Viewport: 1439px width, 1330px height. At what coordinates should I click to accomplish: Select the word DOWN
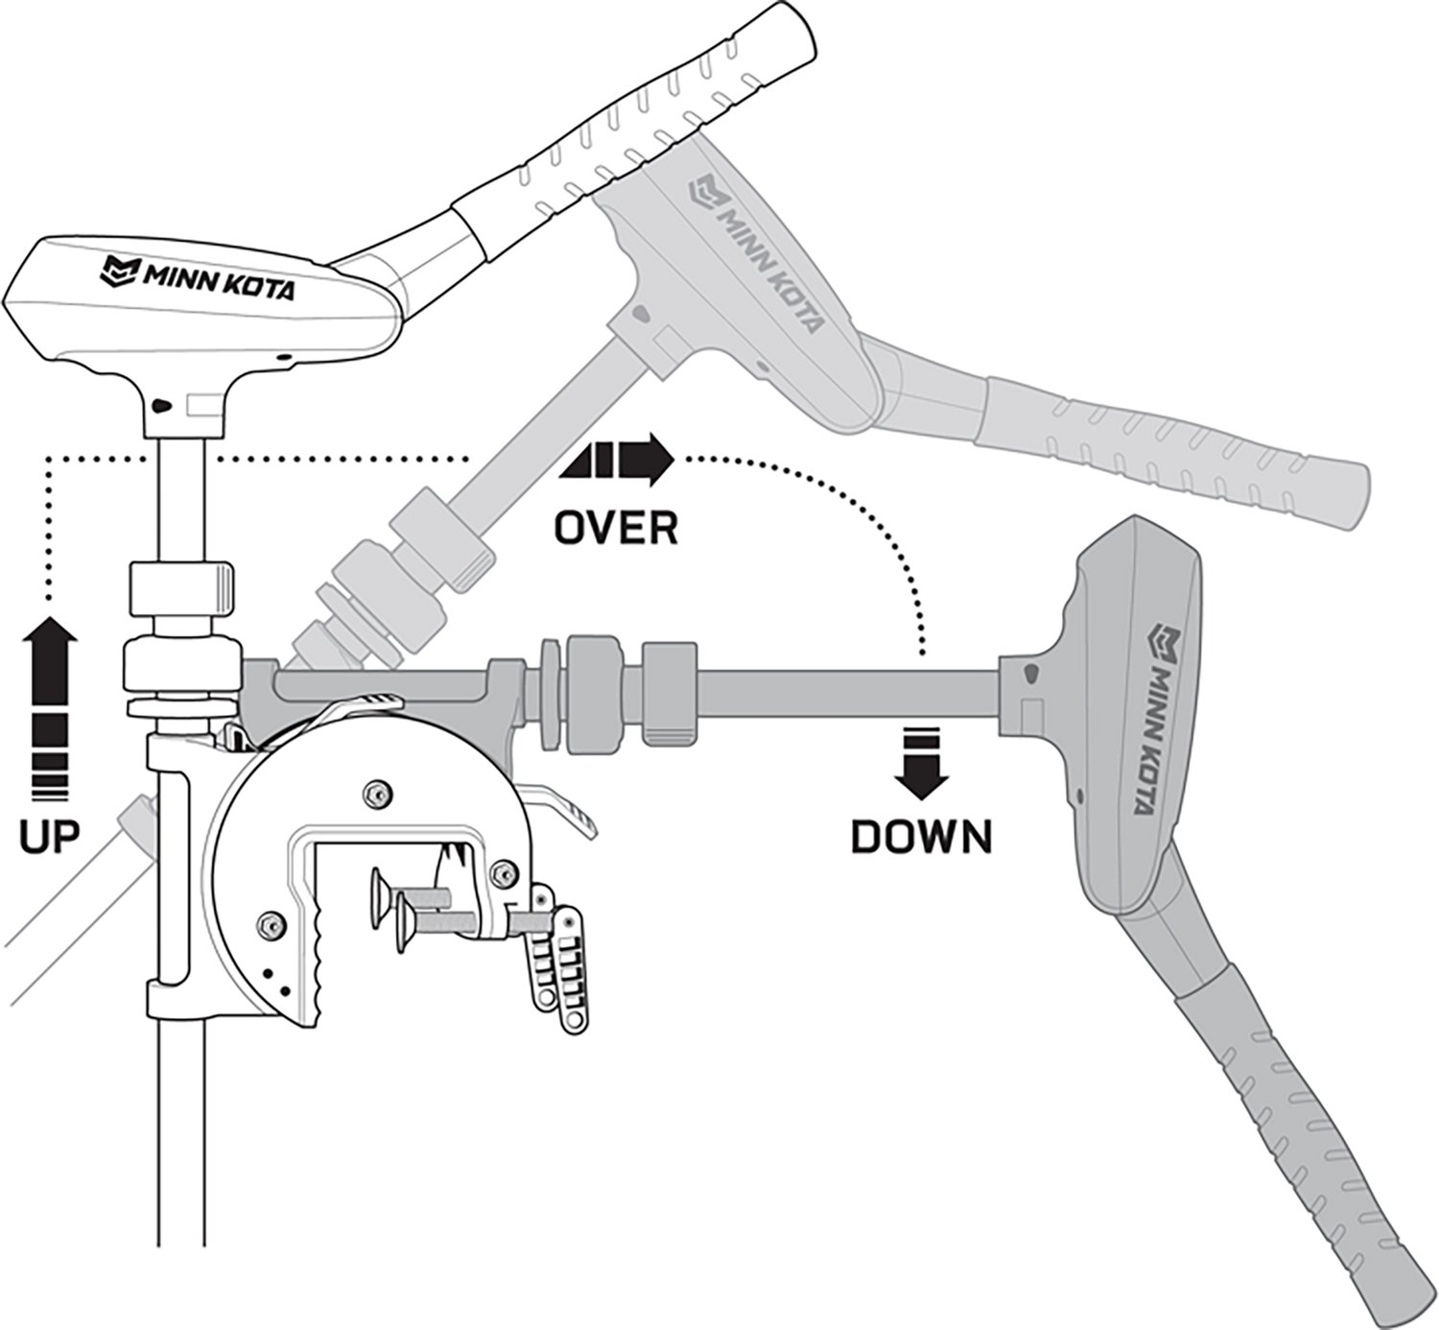click(921, 838)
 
